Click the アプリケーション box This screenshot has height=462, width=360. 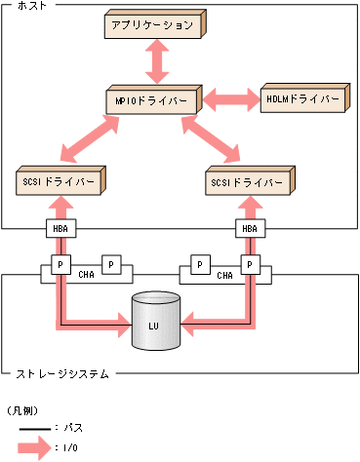(153, 25)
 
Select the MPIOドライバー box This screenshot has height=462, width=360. (152, 101)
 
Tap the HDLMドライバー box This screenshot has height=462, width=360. (302, 100)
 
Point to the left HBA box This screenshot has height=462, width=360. (61, 229)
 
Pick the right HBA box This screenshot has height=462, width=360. (251, 229)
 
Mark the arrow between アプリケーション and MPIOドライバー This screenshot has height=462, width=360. (154, 63)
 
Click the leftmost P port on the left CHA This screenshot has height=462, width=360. (61, 264)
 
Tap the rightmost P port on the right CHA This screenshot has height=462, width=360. (251, 264)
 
